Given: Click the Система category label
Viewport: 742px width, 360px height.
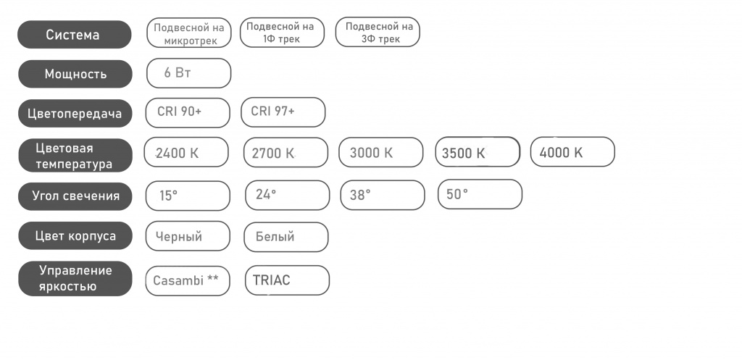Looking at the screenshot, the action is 75,35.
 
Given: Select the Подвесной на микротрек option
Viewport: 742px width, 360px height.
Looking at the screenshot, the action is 189,33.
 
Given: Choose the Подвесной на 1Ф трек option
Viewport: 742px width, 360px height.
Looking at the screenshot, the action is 282,33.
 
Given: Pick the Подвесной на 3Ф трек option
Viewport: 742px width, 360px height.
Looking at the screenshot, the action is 378,33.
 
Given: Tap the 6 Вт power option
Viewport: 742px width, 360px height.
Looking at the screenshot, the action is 189,73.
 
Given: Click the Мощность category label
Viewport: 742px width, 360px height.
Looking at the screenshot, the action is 75,74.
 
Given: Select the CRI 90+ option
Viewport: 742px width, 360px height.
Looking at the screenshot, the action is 188,113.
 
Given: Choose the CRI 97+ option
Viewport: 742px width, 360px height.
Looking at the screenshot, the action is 283,112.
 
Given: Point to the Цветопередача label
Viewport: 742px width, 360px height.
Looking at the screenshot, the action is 75,114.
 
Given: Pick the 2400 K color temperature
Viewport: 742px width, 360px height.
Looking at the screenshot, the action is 186,152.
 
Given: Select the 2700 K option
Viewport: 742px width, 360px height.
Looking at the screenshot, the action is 285,152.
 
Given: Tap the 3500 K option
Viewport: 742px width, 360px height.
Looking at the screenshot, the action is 478,152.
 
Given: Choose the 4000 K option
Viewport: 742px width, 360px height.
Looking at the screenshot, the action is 572,152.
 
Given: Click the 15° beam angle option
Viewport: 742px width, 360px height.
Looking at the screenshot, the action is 188,196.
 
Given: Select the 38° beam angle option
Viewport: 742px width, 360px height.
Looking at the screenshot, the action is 383,195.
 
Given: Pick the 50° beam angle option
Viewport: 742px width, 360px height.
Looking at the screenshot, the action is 480,194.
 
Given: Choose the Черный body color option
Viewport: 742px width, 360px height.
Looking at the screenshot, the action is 188,236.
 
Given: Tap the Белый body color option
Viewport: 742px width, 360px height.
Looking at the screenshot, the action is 285,237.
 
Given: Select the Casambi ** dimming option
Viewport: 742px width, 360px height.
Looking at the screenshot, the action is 188,281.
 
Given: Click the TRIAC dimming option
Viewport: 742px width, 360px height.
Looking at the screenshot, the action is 287,280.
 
